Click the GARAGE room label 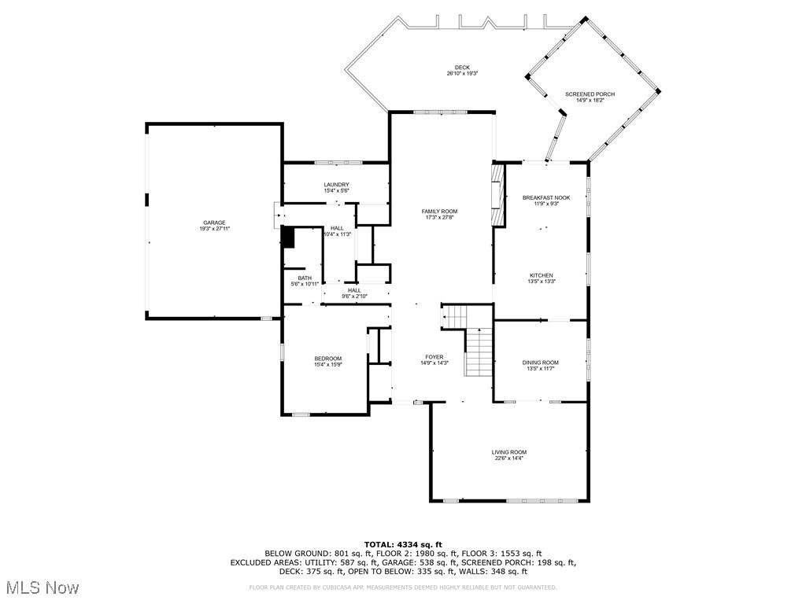214,223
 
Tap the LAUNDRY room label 336,185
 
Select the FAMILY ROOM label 439,212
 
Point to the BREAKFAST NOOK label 545,197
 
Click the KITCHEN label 540,275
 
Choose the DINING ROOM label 540,363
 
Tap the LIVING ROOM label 508,452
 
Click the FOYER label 434,357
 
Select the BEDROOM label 327,359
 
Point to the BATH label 305,278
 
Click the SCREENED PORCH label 590,94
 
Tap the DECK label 462,68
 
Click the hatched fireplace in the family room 497,196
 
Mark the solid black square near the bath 287,237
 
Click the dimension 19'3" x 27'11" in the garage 214,228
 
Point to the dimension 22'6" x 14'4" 508,458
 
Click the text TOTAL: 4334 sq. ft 403,544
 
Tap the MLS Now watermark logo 42,587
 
